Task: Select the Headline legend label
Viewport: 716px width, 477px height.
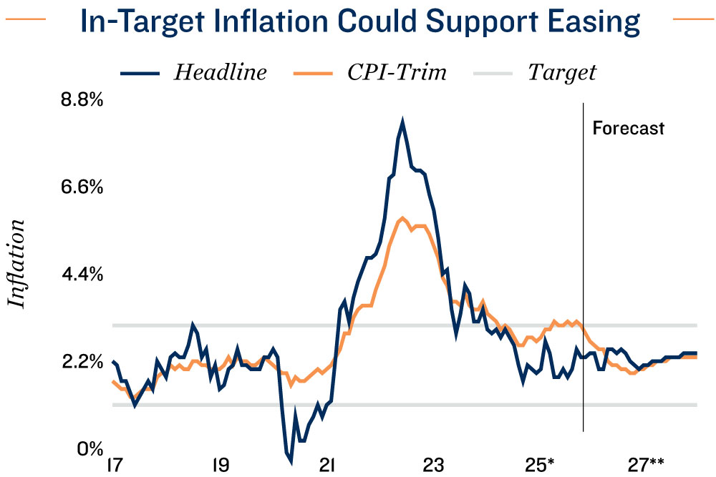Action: (221, 72)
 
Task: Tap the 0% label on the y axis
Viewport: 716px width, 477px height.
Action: (90, 449)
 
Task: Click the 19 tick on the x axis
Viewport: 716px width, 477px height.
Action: (221, 466)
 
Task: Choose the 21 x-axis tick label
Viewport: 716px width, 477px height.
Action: (328, 466)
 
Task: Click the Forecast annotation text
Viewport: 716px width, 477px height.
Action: (629, 129)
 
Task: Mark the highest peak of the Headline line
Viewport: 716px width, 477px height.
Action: (402, 122)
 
